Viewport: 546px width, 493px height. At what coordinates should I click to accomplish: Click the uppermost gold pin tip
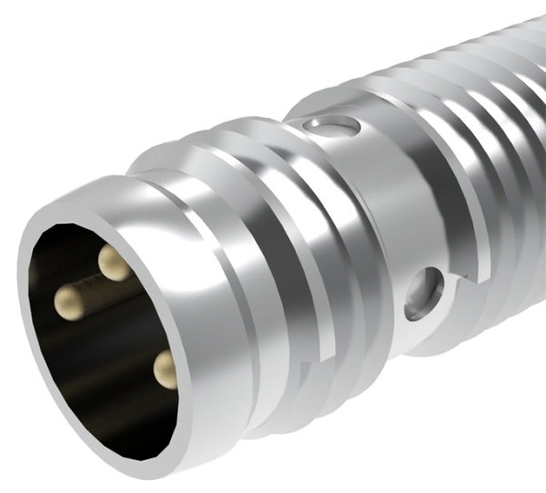(114, 264)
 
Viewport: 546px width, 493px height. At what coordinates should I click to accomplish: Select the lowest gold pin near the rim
(166, 368)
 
